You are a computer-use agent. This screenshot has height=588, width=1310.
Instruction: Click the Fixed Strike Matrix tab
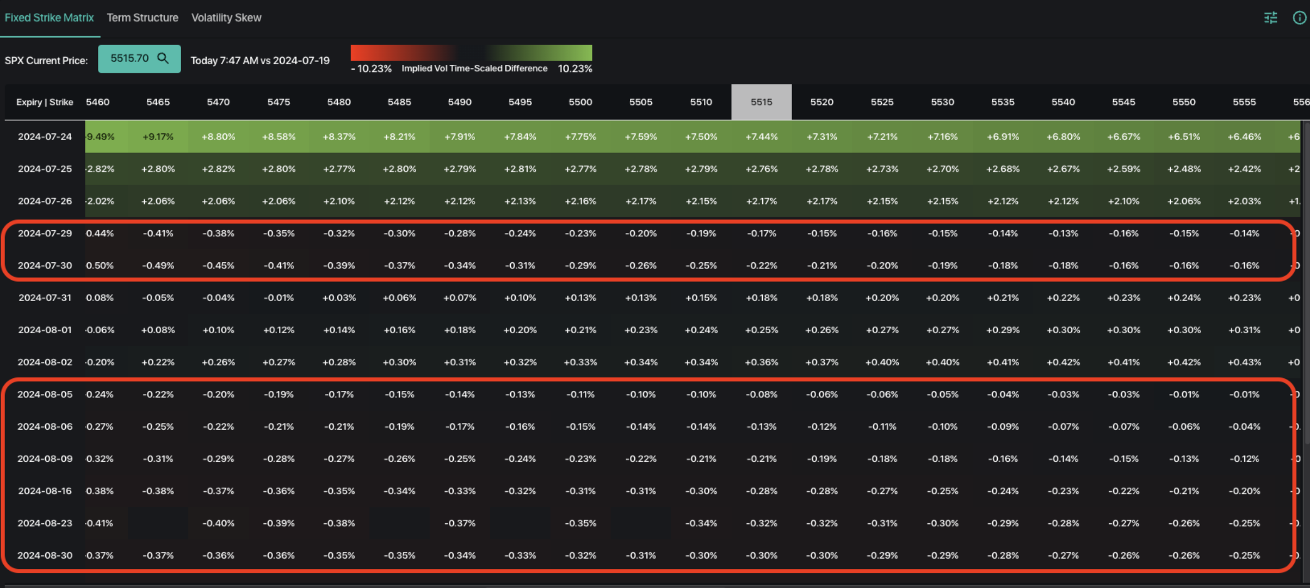49,18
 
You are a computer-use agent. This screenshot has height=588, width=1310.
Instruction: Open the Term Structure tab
143,18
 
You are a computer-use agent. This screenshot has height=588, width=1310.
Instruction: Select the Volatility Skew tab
226,18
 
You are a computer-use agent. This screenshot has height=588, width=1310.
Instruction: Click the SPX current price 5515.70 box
139,58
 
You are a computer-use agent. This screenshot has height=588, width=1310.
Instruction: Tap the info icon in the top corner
1299,18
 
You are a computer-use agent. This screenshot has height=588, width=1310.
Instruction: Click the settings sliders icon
1270,18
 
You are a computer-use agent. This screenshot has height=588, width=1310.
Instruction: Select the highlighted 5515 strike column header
761,102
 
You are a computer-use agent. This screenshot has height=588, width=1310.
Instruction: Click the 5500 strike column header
580,102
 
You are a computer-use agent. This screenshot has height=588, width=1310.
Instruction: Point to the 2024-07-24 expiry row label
45,137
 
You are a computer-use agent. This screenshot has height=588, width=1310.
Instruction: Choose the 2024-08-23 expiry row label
45,523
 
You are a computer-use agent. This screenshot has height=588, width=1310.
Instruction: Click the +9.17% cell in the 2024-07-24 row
158,137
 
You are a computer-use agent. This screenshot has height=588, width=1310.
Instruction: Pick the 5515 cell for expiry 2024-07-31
761,298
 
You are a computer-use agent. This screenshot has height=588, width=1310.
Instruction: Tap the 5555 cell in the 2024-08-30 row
1244,555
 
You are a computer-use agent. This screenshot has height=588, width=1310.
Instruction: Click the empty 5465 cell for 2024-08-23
158,523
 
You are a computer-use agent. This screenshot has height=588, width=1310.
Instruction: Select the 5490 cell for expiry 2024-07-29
460,234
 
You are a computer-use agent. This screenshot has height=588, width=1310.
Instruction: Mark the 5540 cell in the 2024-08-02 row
1063,362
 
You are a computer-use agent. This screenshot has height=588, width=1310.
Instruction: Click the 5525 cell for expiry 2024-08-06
882,427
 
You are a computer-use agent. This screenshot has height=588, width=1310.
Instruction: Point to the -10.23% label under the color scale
371,69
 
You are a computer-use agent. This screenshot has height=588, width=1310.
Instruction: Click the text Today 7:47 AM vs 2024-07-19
260,60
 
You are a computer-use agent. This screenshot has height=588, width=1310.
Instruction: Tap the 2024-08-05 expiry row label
45,394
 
